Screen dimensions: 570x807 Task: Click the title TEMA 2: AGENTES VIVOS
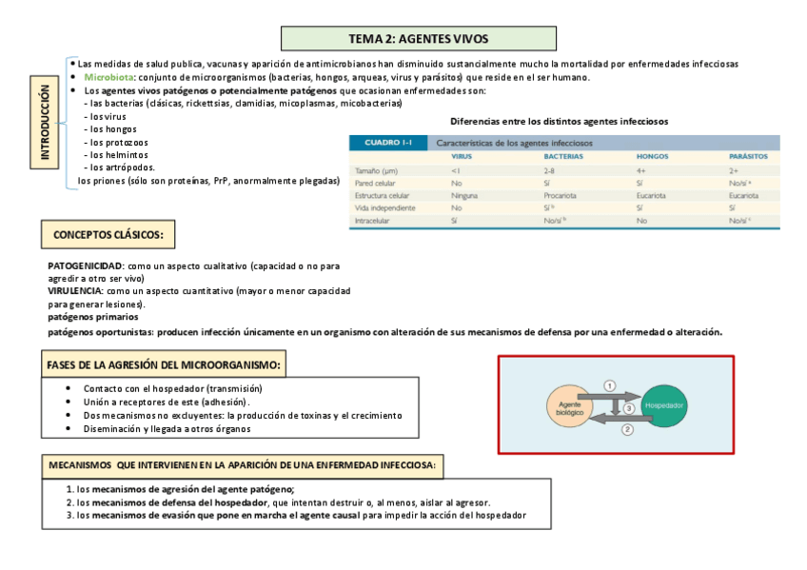pos(419,39)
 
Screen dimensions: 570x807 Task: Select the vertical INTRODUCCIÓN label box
pos(45,125)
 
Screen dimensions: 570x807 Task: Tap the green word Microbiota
pos(108,77)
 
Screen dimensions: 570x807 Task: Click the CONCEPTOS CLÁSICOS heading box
pos(108,234)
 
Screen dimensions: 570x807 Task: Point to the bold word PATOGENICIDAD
pos(86,265)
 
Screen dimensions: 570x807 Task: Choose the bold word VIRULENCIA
pos(76,290)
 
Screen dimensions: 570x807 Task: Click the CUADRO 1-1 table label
pos(387,143)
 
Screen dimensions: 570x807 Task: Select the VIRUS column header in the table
pos(462,156)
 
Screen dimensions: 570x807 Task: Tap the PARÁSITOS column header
pos(748,156)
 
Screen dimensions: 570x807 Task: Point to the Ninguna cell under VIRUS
pos(464,194)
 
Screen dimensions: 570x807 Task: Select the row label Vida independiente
pos(384,206)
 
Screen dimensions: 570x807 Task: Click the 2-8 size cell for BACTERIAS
pos(550,168)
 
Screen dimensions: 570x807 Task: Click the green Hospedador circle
pos(665,405)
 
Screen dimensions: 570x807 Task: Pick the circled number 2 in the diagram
pos(627,429)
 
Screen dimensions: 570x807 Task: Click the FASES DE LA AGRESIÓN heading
pos(165,364)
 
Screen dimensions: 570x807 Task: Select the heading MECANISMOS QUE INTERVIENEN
pos(244,465)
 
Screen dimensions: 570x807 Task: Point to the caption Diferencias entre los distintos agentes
pos(559,122)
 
